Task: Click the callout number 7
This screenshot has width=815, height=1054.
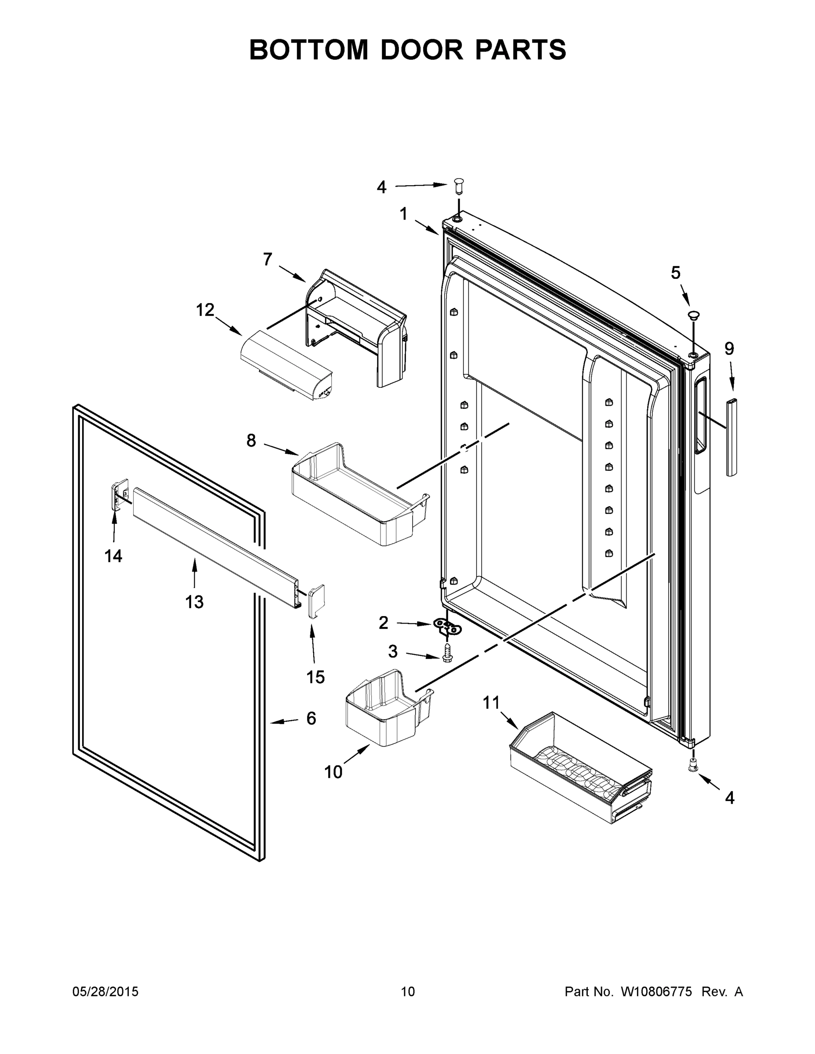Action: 268,260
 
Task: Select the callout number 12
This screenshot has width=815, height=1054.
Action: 205,310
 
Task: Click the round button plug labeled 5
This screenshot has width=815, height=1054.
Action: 694,315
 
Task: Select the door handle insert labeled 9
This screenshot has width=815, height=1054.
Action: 732,437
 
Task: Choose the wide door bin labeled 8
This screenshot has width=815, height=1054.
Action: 360,497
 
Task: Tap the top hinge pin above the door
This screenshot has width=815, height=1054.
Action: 458,185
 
